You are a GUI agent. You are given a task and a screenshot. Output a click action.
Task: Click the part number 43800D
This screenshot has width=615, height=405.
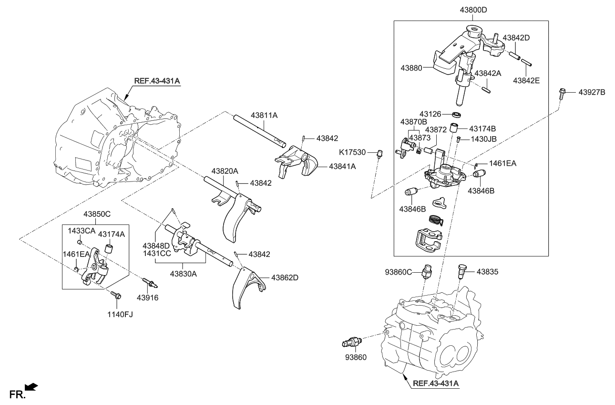click(x=471, y=10)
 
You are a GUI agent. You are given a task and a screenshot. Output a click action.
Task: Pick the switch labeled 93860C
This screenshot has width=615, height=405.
click(x=428, y=271)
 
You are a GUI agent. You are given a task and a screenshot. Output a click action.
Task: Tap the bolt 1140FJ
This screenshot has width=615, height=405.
click(x=115, y=296)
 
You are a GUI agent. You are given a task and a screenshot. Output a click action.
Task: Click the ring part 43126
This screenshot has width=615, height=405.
click(x=458, y=114)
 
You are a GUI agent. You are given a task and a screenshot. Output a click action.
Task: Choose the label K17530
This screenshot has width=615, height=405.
click(x=353, y=152)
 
